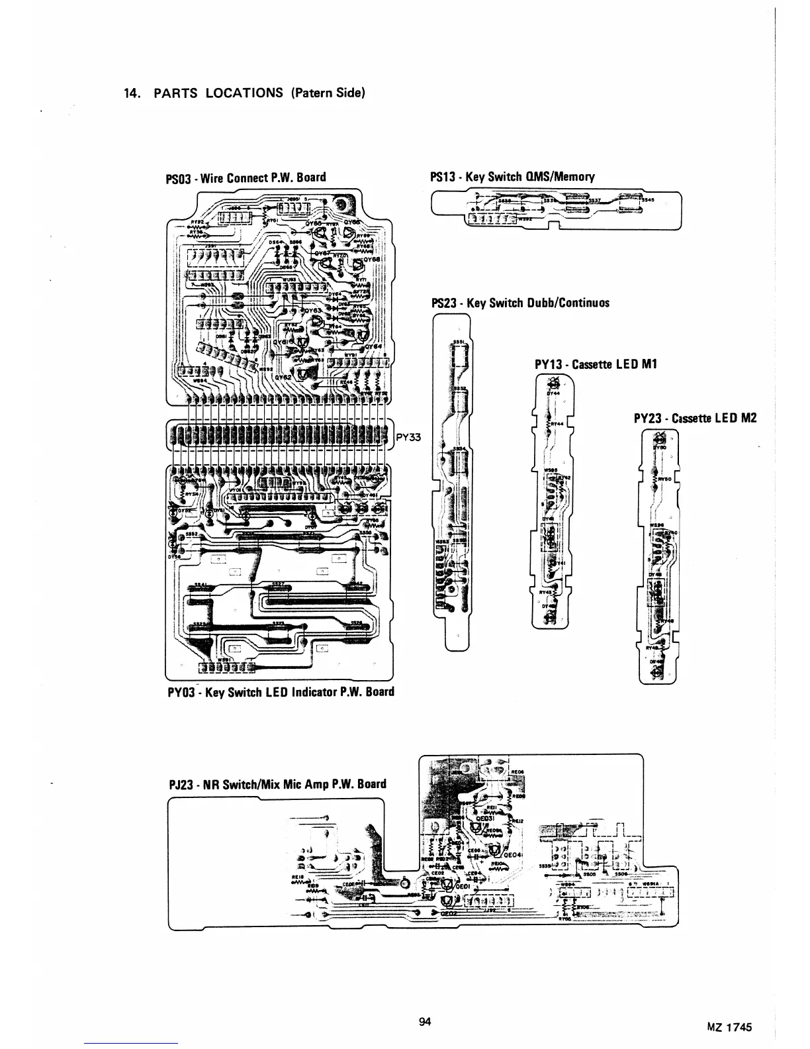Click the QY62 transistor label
tap(283, 375)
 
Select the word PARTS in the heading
tap(177, 93)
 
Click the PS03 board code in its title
tap(177, 177)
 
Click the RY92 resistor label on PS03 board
tap(197, 223)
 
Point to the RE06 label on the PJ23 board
tap(518, 771)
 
